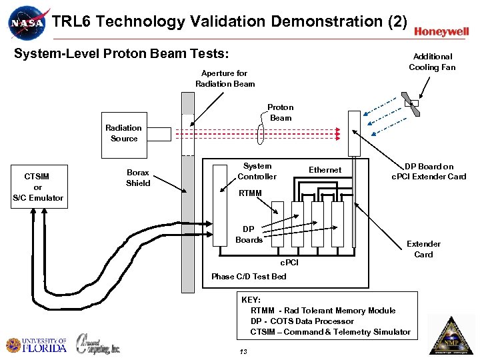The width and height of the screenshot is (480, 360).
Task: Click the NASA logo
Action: pos(29,23)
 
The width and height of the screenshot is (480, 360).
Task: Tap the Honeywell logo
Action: pos(441,31)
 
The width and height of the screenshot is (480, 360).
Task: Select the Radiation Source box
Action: pos(124,133)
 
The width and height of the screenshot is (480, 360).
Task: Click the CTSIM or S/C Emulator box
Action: pos(38,187)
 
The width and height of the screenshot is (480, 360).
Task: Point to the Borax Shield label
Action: pos(138,177)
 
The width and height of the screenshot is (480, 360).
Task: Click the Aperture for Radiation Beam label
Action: pos(225,79)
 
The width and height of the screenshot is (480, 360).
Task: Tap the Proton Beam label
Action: pos(281,112)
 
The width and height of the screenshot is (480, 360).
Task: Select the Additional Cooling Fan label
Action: pos(432,62)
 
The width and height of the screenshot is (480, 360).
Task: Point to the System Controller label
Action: pos(257,171)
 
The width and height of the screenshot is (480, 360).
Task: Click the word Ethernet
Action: pos(325,170)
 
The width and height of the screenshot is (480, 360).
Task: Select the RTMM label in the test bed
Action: pos(251,194)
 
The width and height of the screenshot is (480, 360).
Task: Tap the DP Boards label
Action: pos(249,235)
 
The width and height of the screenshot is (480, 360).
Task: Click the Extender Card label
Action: pos(423,249)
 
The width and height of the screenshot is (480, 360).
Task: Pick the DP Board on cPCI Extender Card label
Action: pos(429,171)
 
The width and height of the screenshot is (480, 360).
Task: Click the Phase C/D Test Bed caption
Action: pos(249,276)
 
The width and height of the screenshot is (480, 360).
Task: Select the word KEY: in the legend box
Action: pos(251,300)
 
